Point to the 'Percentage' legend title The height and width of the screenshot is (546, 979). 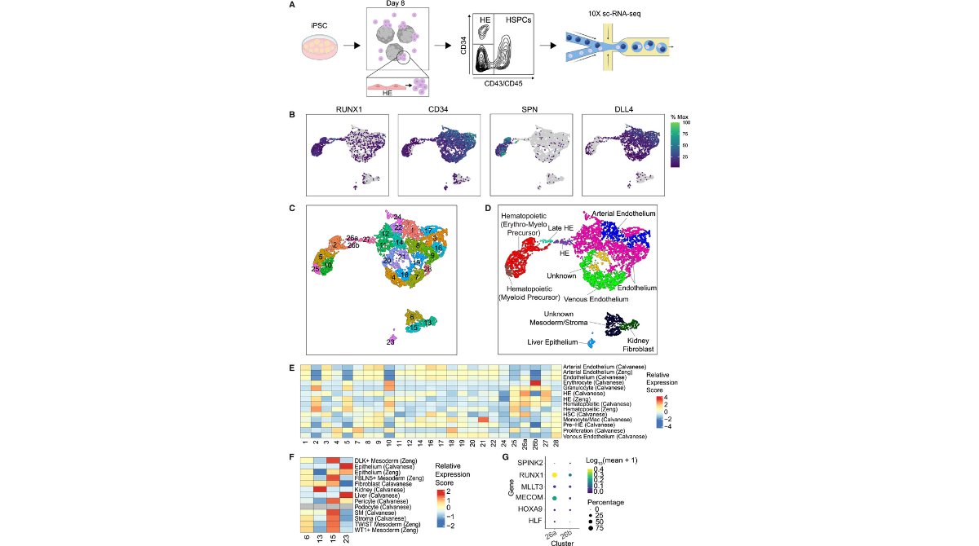605,502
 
